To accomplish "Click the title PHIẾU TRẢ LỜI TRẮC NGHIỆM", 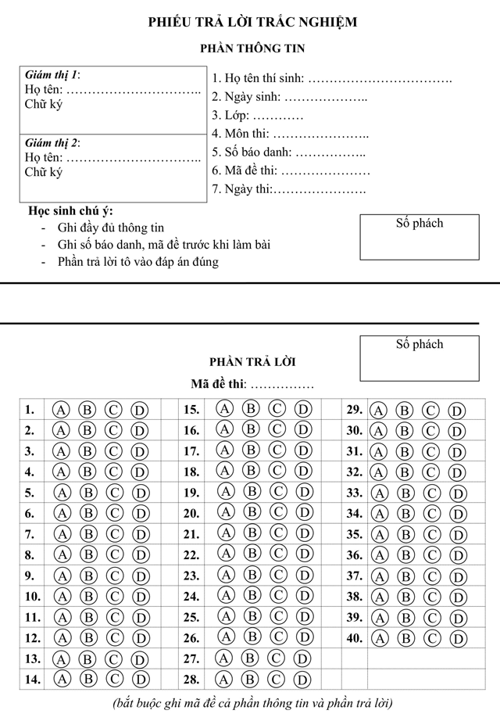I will click(x=252, y=22).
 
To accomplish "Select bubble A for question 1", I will click(x=62, y=410).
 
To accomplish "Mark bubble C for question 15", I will click(x=277, y=408).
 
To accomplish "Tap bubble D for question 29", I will click(x=456, y=411).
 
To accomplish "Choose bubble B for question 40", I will click(x=404, y=638).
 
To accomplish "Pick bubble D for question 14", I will click(x=140, y=679).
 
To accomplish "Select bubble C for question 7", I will click(x=114, y=534).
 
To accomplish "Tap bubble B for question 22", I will click(x=251, y=554).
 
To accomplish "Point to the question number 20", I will click(x=191, y=513).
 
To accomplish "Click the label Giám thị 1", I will click(x=52, y=76).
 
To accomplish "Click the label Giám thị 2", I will click(x=52, y=143).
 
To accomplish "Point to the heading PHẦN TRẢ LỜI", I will click(x=252, y=362).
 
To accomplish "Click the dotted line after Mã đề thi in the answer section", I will click(x=281, y=385).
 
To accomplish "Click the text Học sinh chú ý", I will click(x=70, y=211).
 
